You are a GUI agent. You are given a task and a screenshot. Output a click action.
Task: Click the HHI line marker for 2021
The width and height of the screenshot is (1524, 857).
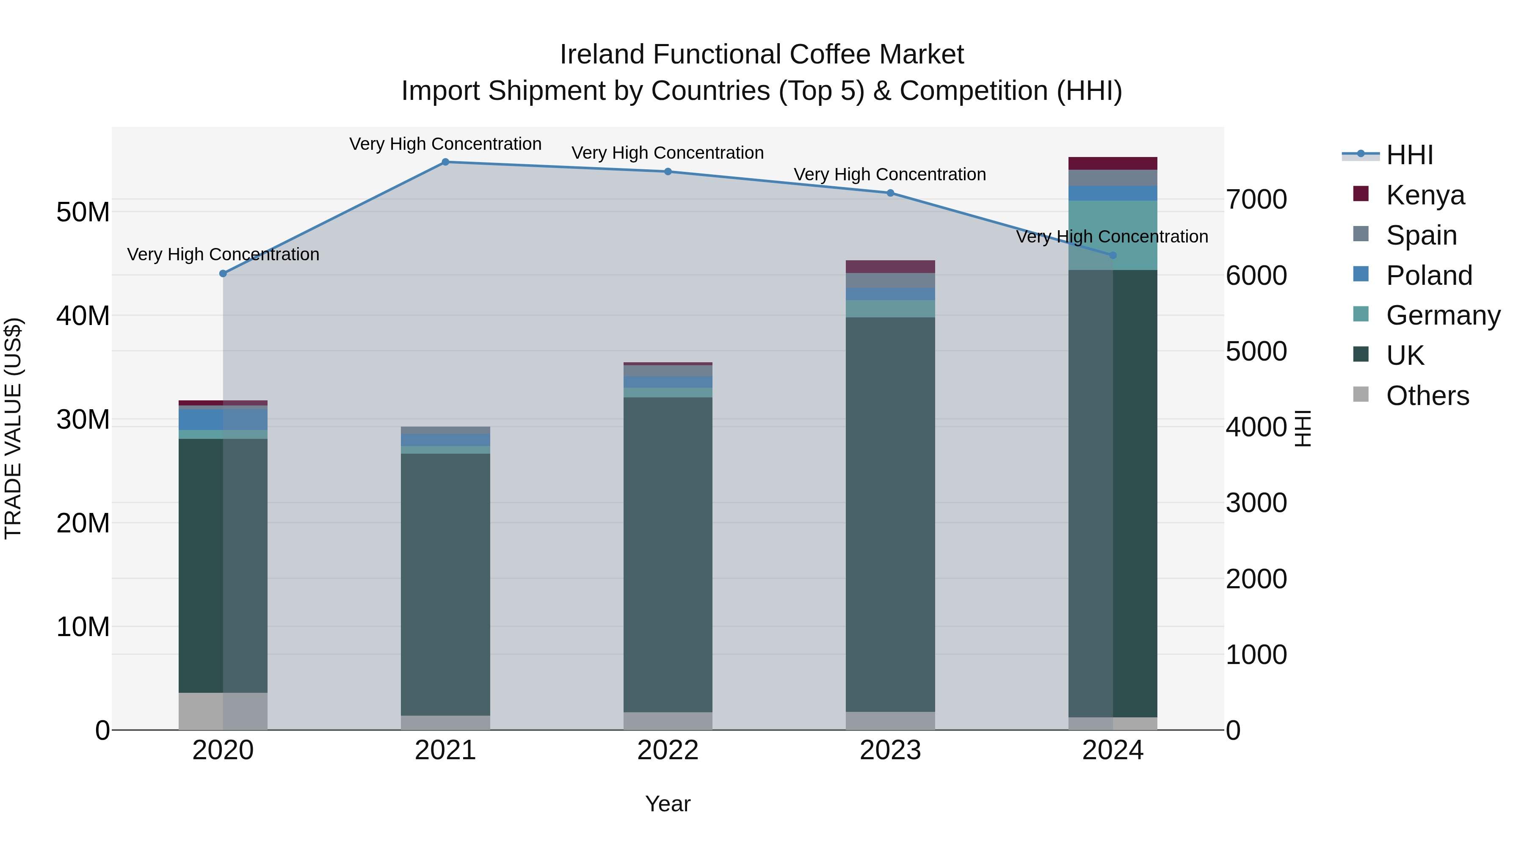coord(445,162)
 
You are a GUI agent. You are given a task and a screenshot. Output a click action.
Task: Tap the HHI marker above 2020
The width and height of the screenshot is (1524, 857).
coord(223,274)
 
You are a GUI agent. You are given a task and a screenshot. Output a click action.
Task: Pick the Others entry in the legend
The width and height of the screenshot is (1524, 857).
coord(1427,396)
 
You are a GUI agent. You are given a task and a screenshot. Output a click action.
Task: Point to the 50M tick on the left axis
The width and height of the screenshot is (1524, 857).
coord(83,212)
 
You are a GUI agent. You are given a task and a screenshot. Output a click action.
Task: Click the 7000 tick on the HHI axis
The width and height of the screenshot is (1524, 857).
coord(1256,199)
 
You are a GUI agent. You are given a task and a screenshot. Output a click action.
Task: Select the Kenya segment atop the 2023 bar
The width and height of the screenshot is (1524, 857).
coord(890,267)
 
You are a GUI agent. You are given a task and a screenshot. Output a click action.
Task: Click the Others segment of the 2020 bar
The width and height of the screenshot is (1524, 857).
coord(223,711)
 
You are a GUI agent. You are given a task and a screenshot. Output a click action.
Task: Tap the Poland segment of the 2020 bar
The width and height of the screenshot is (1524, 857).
coord(223,419)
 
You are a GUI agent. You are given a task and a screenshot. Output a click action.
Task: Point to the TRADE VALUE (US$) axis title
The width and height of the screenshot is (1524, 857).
coord(13,428)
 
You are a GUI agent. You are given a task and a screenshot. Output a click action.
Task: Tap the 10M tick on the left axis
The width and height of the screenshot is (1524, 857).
coord(83,627)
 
